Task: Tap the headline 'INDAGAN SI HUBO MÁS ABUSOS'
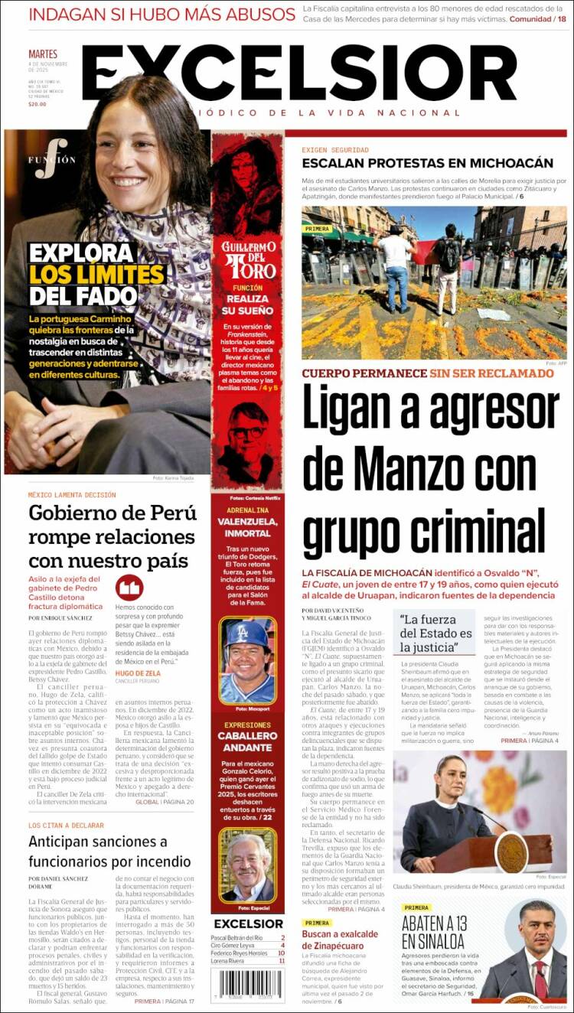[161, 15]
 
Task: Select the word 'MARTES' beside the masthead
[43, 54]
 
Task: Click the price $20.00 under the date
[38, 104]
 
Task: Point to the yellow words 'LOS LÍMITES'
[97, 274]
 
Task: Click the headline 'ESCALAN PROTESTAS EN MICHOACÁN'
[427, 163]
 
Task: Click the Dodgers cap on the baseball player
[246, 634]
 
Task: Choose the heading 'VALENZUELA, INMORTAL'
[247, 526]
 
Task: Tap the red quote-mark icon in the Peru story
[129, 588]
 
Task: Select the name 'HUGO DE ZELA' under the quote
[137, 673]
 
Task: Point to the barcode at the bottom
[247, 984]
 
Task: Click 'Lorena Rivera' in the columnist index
[227, 961]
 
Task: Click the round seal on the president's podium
[510, 851]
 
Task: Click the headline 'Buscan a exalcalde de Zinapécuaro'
[340, 940]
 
